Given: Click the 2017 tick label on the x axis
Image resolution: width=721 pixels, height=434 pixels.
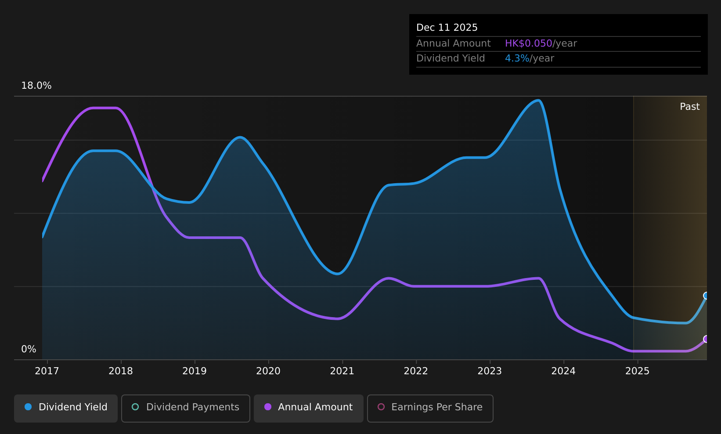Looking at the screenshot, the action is (47, 371).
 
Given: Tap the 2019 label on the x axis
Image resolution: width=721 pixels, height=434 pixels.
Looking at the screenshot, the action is (195, 371).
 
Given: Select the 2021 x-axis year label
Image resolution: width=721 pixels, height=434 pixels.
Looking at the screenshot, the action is (342, 371).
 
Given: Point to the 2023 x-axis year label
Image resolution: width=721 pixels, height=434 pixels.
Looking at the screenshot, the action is (490, 371).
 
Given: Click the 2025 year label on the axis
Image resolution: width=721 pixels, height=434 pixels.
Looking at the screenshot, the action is (637, 371).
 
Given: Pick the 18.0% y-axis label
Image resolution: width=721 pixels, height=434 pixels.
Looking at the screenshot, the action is (36, 86).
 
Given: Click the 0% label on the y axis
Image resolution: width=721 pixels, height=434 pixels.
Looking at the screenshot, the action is (29, 349).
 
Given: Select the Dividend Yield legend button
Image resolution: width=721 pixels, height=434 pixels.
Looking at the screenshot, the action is (66, 408).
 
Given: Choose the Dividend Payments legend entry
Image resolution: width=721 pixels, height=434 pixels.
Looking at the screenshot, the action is (186, 408).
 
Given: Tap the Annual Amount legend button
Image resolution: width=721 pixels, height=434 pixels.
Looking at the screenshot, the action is (309, 408).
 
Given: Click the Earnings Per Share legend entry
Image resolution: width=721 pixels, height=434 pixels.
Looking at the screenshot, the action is (430, 408).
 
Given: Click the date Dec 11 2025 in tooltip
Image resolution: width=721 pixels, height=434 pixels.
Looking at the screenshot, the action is (447, 28).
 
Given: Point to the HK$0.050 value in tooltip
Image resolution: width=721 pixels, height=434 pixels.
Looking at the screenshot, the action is (529, 43).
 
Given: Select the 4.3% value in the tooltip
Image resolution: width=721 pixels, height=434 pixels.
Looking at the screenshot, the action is (517, 58).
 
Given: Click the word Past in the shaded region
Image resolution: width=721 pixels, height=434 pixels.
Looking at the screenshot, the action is (689, 107).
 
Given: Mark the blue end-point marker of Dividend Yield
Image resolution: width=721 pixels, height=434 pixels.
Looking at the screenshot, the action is (706, 296).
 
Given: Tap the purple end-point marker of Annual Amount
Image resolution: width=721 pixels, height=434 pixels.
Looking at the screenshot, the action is (706, 339).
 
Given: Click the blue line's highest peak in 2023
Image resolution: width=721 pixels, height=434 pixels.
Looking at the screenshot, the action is (538, 101).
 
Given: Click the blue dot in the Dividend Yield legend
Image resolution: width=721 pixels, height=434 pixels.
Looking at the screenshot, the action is (29, 407).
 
